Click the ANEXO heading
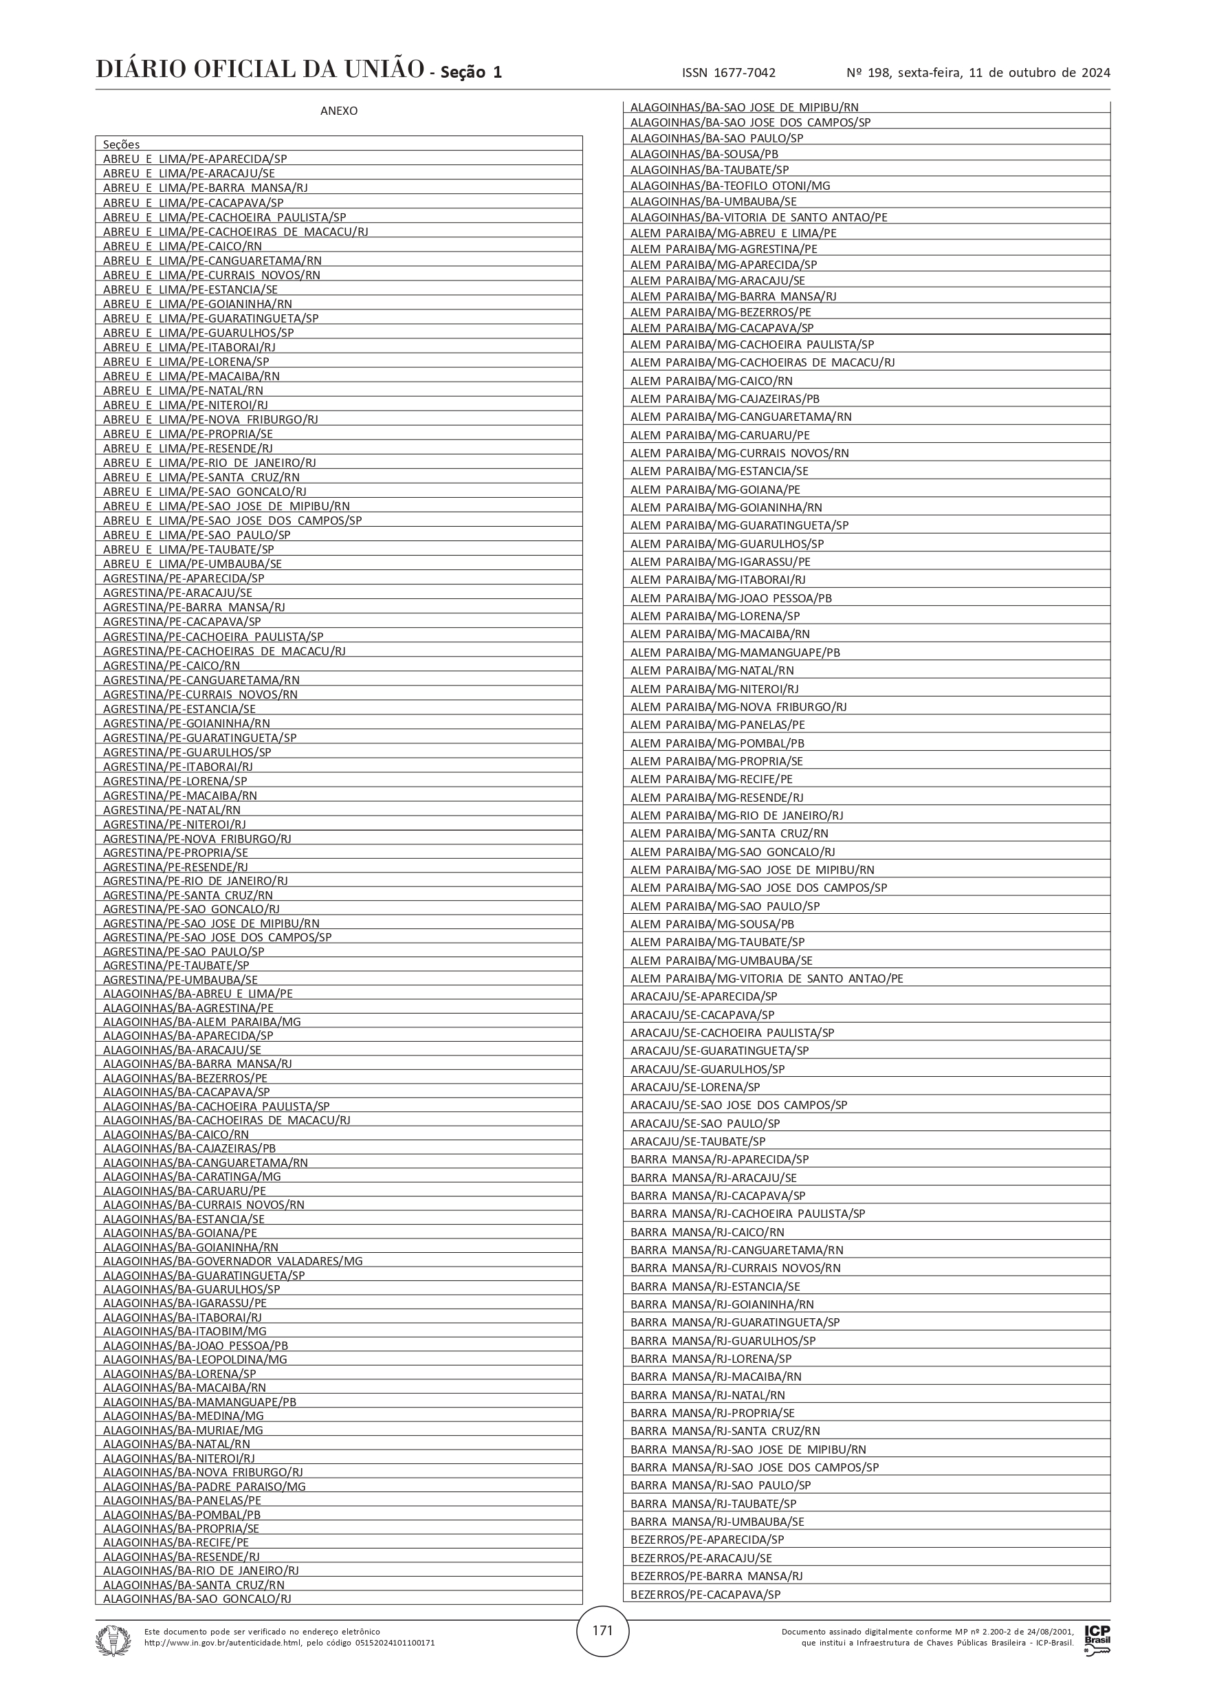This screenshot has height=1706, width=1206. (339, 111)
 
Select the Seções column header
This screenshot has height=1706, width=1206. (122, 144)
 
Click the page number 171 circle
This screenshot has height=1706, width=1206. (602, 1630)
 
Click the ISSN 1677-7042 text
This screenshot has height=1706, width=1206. (728, 73)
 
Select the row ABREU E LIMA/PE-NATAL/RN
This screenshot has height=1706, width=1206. (183, 391)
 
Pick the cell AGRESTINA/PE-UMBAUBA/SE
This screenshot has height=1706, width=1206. (181, 980)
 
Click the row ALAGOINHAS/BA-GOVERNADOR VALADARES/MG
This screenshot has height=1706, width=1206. (232, 1261)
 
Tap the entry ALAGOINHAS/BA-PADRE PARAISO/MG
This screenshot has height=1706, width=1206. (204, 1486)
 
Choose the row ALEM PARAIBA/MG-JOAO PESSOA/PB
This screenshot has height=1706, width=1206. (731, 598)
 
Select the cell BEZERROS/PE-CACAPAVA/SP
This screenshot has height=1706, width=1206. (705, 1595)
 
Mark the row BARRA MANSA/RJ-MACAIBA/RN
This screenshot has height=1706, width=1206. (716, 1376)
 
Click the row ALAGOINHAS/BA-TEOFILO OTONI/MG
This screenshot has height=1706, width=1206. (730, 186)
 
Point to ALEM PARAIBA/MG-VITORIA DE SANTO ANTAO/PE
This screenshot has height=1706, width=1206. (767, 978)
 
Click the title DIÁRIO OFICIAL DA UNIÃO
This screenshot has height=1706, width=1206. (260, 70)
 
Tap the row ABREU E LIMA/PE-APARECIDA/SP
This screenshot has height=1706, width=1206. (195, 159)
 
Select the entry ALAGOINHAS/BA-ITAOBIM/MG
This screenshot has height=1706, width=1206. (184, 1331)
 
